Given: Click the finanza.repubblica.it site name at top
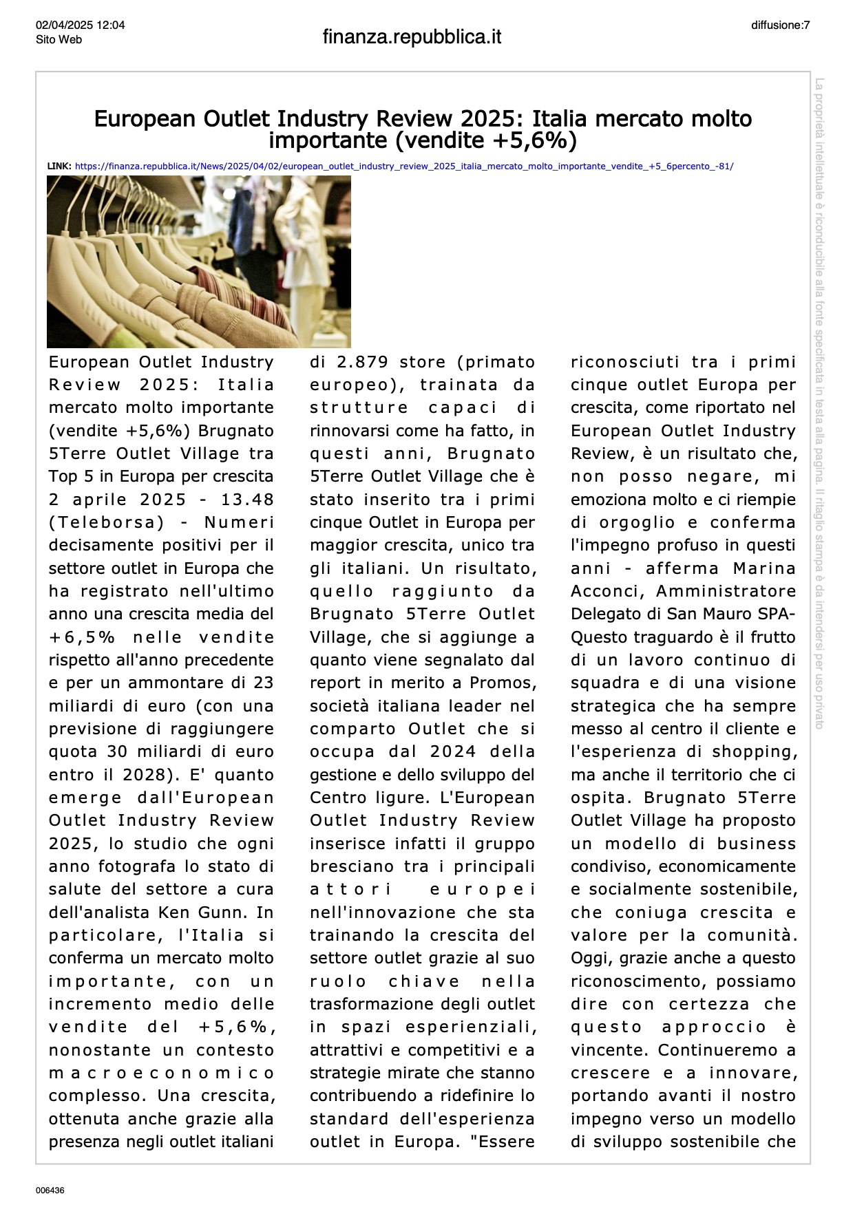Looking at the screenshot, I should (412, 37).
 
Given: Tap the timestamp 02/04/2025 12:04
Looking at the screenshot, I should (81, 25).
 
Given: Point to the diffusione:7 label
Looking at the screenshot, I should (780, 25).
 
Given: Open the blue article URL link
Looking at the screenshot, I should (404, 167).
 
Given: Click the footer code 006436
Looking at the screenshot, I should (50, 1190).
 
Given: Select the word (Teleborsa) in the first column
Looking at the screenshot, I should (107, 522).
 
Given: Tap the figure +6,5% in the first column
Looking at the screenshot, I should (82, 637).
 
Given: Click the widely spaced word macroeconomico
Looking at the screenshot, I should (161, 1074).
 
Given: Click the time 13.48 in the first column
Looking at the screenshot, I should (247, 500).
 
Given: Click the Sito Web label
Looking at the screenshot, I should (59, 40).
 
